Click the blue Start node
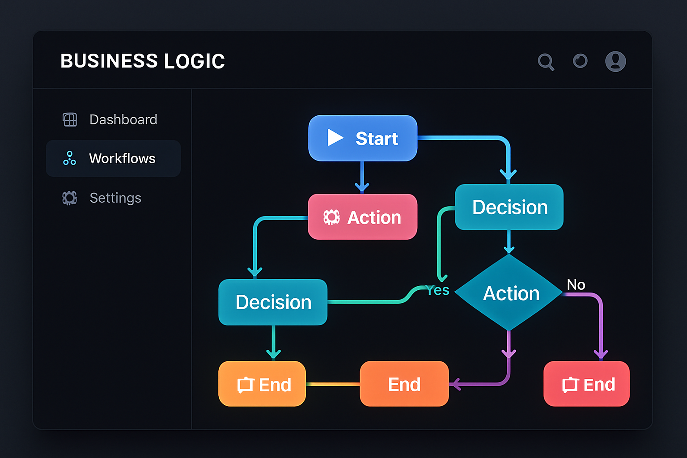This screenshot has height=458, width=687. click(363, 138)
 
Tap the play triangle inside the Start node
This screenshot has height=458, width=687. click(335, 138)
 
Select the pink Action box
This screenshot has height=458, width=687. click(363, 217)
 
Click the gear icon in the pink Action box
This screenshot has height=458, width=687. click(331, 217)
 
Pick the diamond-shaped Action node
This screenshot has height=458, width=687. click(509, 293)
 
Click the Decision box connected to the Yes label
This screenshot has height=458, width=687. click(273, 302)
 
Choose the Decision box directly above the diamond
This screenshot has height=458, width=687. click(509, 207)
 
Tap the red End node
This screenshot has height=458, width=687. click(586, 384)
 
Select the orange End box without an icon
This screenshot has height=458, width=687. click(404, 384)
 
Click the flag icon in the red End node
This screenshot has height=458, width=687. click(570, 385)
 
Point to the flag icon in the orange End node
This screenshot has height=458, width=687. click(246, 385)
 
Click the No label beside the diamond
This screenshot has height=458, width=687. click(576, 285)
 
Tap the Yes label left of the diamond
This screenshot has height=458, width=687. click(438, 291)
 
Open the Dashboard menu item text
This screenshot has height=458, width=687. click(123, 119)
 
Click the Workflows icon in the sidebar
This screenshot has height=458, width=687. click(69, 158)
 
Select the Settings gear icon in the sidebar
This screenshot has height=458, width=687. click(70, 198)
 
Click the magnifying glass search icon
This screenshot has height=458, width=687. click(546, 62)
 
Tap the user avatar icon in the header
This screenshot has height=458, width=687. click(615, 61)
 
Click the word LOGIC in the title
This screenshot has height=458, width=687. click(195, 61)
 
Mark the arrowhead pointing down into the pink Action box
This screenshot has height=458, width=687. click(362, 187)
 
